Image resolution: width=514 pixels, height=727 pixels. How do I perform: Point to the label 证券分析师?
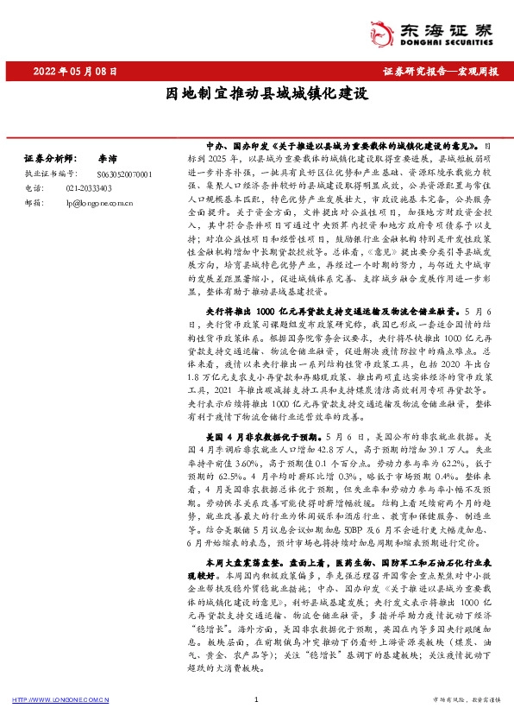[49, 160]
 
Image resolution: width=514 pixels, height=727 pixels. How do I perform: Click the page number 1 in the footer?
[257, 700]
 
